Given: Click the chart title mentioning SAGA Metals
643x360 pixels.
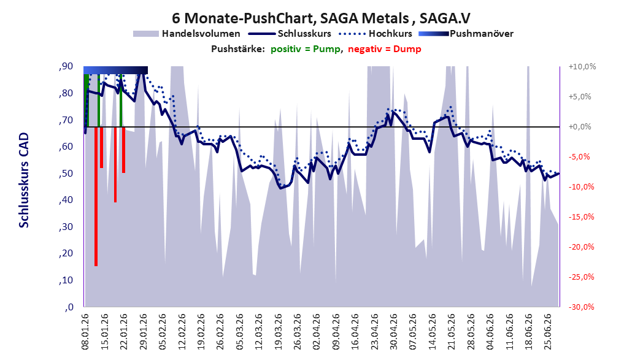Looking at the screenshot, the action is point(321,18).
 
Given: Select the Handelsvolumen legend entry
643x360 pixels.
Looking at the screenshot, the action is point(187,34).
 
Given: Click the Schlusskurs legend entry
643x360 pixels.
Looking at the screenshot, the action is point(290,34).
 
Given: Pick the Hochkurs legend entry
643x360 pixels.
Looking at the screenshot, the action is point(375,34).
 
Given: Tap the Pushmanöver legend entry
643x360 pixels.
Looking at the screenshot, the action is point(466,34).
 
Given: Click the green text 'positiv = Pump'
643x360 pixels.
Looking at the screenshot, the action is point(306,49).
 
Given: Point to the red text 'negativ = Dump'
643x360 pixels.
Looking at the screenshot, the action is point(385,49).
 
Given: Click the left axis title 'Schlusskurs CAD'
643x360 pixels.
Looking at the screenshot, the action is point(24,180).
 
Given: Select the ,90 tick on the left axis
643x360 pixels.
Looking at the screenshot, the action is point(66,66).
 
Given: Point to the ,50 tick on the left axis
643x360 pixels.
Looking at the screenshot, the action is point(66,174).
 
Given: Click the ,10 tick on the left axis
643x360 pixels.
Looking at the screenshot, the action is point(66,280).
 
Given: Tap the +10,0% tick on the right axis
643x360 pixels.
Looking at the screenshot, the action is point(582,66).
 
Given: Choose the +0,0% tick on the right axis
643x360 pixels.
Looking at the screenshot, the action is point(580,127).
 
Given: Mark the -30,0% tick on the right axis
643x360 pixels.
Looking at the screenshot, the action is point(582,307).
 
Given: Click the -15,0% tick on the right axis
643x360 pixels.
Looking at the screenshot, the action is point(582,217).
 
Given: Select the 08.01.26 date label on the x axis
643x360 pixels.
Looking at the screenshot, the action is point(85,332).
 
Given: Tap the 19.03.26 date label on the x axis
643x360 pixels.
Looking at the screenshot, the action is point(278,332).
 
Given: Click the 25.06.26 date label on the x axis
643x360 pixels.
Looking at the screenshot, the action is point(548,332).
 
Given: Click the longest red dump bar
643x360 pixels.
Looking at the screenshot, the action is point(96,196).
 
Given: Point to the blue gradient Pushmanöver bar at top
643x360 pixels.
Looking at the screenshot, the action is point(115,70).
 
